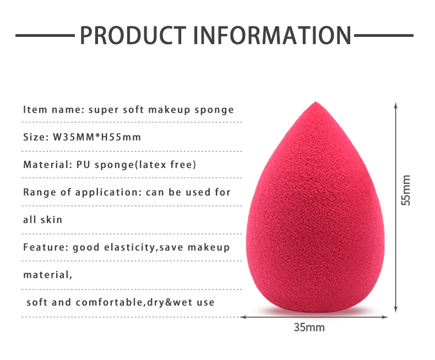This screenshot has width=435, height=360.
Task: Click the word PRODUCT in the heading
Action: click(x=133, y=35)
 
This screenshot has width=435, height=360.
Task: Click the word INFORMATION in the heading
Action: click(x=273, y=35)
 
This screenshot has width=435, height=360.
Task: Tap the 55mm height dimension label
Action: click(x=406, y=190)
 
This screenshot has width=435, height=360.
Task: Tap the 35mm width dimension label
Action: click(x=309, y=328)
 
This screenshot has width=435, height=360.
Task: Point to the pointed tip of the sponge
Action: click(x=316, y=102)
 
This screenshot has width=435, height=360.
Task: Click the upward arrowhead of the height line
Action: click(x=396, y=105)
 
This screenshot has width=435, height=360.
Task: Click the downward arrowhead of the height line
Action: click(x=396, y=309)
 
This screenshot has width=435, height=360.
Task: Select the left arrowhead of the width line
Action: click(x=243, y=317)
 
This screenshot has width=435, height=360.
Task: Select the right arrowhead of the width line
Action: click(x=384, y=317)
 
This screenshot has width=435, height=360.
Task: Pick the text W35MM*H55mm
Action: click(x=97, y=137)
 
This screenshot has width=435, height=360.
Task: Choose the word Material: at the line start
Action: click(x=48, y=165)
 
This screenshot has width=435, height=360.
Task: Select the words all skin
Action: click(x=43, y=220)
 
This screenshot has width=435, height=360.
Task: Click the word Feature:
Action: click(x=46, y=247)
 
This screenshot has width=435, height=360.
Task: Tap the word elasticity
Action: click(x=129, y=247)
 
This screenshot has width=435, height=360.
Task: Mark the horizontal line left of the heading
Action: click(x=45, y=35)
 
